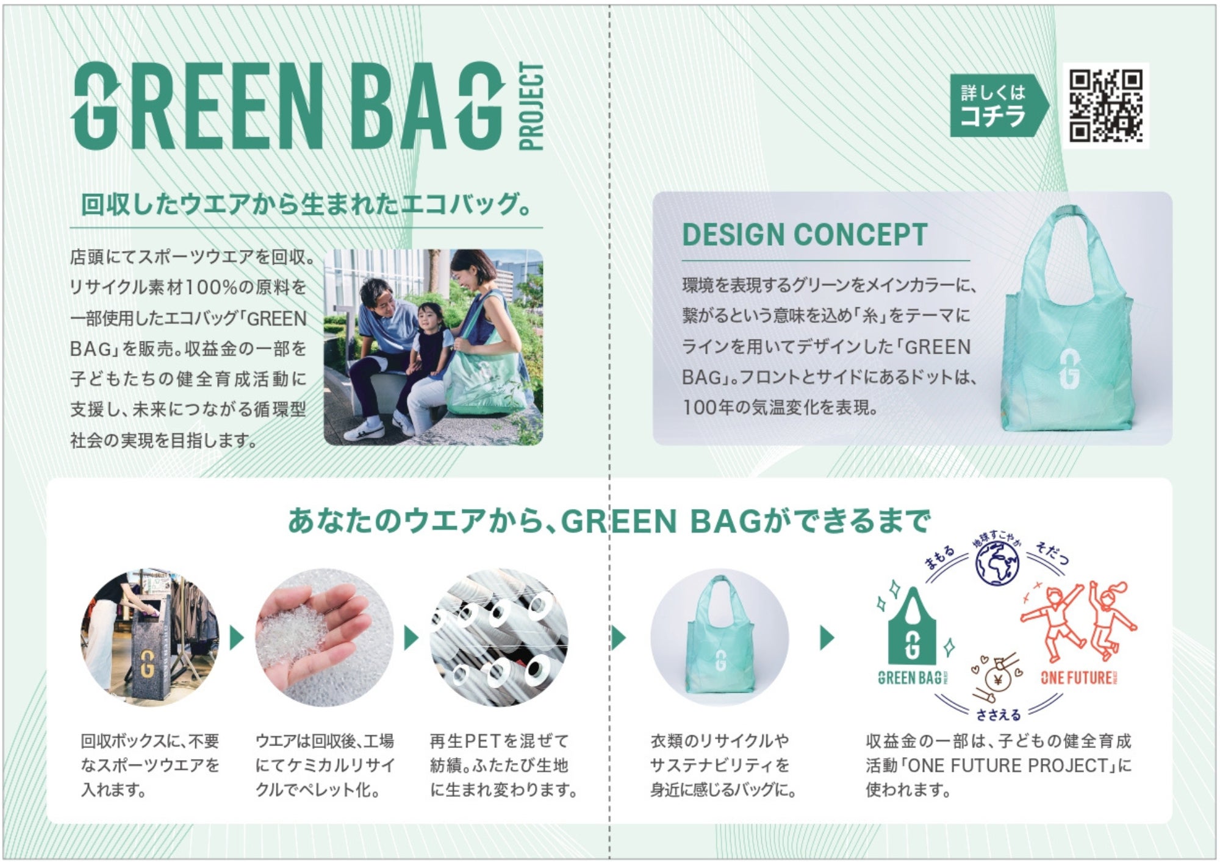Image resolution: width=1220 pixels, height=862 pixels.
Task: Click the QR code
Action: (1105, 105)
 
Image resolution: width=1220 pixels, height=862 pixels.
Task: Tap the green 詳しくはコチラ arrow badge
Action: (998, 105)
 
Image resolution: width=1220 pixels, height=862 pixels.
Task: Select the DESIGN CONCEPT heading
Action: (805, 235)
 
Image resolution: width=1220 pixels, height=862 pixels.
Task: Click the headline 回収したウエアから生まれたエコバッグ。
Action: (306, 204)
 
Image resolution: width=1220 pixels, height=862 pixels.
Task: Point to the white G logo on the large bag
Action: (1069, 369)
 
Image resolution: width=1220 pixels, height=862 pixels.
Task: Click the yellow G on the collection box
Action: (147, 663)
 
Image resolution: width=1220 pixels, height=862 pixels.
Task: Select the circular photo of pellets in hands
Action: (323, 638)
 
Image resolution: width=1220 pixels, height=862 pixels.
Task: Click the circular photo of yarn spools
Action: (498, 638)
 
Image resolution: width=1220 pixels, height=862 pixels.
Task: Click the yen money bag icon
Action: (998, 677)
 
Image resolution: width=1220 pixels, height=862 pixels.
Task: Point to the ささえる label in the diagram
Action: (999, 714)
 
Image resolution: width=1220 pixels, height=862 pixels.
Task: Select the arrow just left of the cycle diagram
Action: (827, 638)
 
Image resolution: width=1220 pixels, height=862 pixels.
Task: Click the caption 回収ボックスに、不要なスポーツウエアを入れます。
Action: (149, 766)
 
